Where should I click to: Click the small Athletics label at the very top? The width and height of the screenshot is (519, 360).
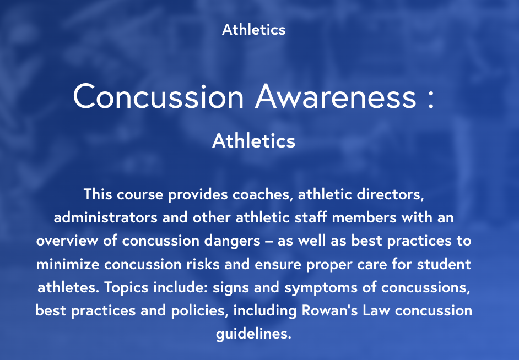tap(253, 29)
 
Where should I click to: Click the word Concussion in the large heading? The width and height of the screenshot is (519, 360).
tap(159, 96)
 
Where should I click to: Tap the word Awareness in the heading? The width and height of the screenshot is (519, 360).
tap(336, 96)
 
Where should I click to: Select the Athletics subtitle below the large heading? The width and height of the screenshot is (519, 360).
tap(253, 141)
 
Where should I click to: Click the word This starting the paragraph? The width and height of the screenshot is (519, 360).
tap(98, 194)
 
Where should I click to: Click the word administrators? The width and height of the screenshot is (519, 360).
tap(106, 218)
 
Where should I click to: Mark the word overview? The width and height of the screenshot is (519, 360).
tap(67, 241)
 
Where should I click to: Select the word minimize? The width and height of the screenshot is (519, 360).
tap(68, 264)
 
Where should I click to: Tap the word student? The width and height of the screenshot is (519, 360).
tap(444, 264)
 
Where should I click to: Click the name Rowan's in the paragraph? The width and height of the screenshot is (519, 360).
tap(329, 310)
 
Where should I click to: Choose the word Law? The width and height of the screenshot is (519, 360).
tap(376, 310)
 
